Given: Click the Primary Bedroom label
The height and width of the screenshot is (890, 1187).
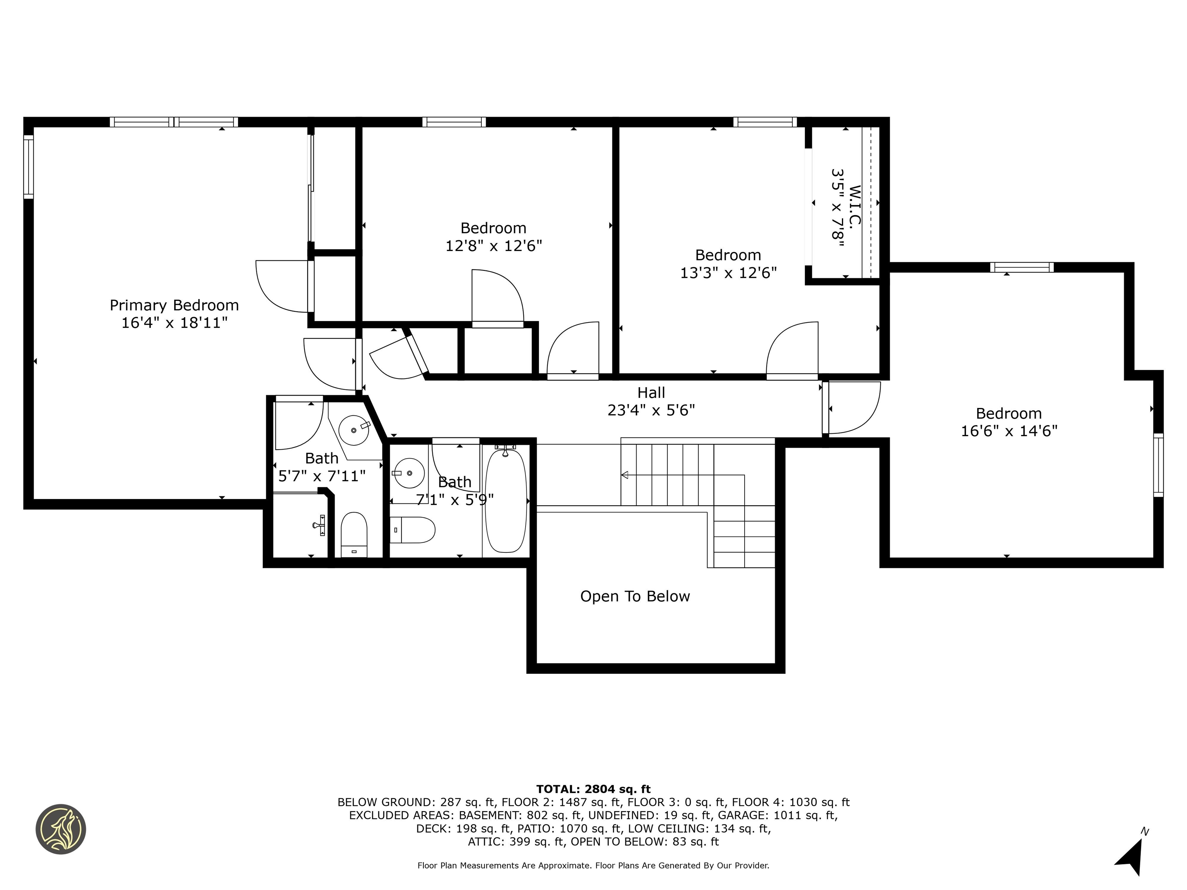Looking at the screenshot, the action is click(x=174, y=305).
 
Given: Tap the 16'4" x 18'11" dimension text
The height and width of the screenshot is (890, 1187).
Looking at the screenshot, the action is click(x=174, y=323).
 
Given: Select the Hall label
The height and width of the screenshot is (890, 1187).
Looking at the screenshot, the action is click(x=651, y=393).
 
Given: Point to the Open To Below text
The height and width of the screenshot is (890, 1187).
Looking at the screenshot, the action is click(x=635, y=596).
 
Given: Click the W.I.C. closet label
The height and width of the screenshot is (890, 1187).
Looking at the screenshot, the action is click(x=855, y=206).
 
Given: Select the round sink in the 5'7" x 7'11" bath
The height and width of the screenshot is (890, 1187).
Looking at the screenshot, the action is click(x=354, y=430).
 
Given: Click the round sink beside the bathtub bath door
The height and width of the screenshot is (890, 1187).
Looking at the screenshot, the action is click(x=408, y=473).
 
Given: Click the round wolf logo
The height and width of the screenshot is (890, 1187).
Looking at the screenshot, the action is click(x=61, y=829).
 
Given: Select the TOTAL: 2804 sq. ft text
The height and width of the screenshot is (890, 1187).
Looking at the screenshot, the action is click(x=593, y=789).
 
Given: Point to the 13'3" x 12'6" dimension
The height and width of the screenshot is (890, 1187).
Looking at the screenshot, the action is click(x=728, y=273).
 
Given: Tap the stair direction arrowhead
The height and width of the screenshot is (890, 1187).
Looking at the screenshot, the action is click(x=625, y=475).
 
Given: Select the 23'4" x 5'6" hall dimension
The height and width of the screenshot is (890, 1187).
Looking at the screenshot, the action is click(x=651, y=410).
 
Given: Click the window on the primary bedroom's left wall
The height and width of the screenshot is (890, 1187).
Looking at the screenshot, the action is click(x=29, y=166).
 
